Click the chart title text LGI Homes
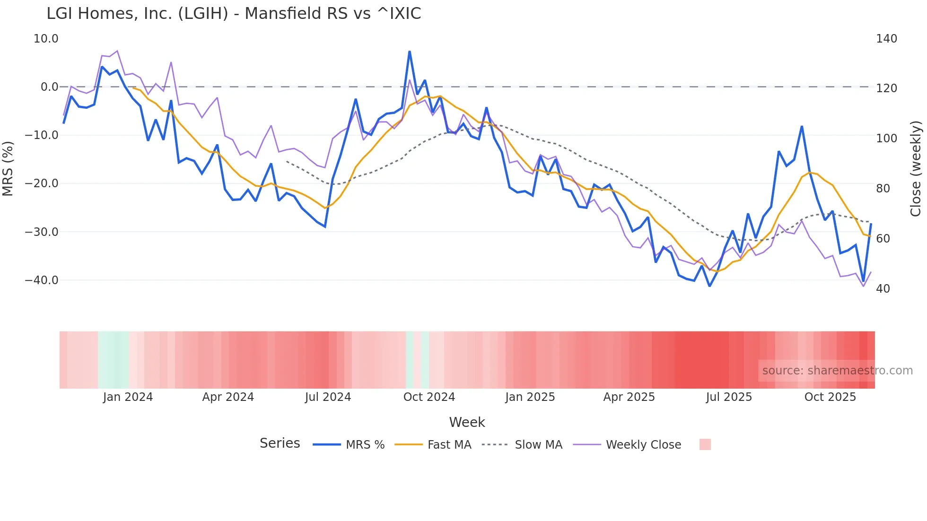coord(234,14)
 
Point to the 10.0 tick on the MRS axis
coord(46,39)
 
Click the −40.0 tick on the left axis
coord(42,280)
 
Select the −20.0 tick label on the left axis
coord(42,183)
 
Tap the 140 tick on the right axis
coord(886,39)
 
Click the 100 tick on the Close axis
coord(886,139)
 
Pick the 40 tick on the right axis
coord(883,289)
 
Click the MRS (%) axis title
coord(8,168)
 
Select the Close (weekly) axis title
coord(916,169)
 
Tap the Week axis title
coord(467,422)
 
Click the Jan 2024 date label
coord(128,397)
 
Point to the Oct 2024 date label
coord(429,397)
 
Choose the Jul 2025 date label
coord(729,397)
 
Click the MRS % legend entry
coord(349,445)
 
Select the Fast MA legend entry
coord(433,445)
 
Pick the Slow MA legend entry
coord(522,445)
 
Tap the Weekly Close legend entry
coord(627,445)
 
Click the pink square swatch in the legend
coord(705,444)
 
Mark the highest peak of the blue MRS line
coord(410,52)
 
